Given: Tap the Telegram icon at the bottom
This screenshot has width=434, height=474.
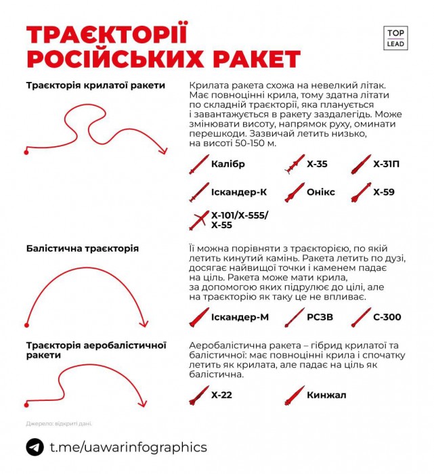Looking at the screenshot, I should pos(35,447).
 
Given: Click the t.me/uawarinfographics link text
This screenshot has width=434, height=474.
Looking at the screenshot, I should pos(128,447).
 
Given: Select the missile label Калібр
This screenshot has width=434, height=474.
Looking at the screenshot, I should pos(227,164).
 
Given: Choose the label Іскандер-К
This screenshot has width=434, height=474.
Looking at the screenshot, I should pos(239,192).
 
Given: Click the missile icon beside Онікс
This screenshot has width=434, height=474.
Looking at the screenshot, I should pos(294,193).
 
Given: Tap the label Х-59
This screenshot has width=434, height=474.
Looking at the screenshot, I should pos(383,192).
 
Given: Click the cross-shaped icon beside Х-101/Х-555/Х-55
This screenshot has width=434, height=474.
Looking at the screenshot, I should pos(199,220).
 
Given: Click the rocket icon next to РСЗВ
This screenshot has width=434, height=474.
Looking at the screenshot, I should pos(294,316).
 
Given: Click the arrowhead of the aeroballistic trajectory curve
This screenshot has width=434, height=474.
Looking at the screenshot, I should pos(143,404).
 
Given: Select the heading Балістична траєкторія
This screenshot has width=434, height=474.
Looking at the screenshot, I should pos(83,249).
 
